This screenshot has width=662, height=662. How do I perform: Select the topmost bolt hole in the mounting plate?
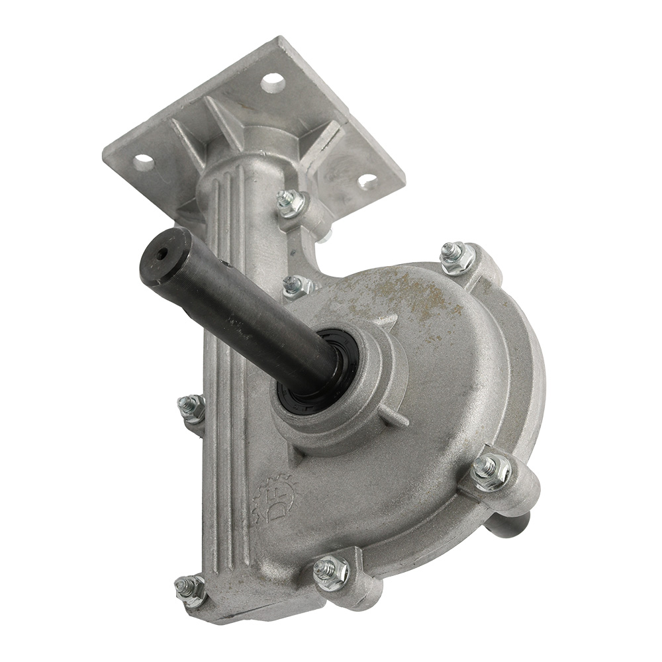pos(272,83)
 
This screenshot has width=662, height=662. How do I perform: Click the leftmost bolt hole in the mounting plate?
pos(144,161)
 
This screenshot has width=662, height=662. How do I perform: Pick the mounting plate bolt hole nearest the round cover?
pos(368,179)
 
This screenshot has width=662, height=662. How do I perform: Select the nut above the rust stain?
pos(457,256)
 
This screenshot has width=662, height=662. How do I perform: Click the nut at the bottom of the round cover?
pos(330,570)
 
